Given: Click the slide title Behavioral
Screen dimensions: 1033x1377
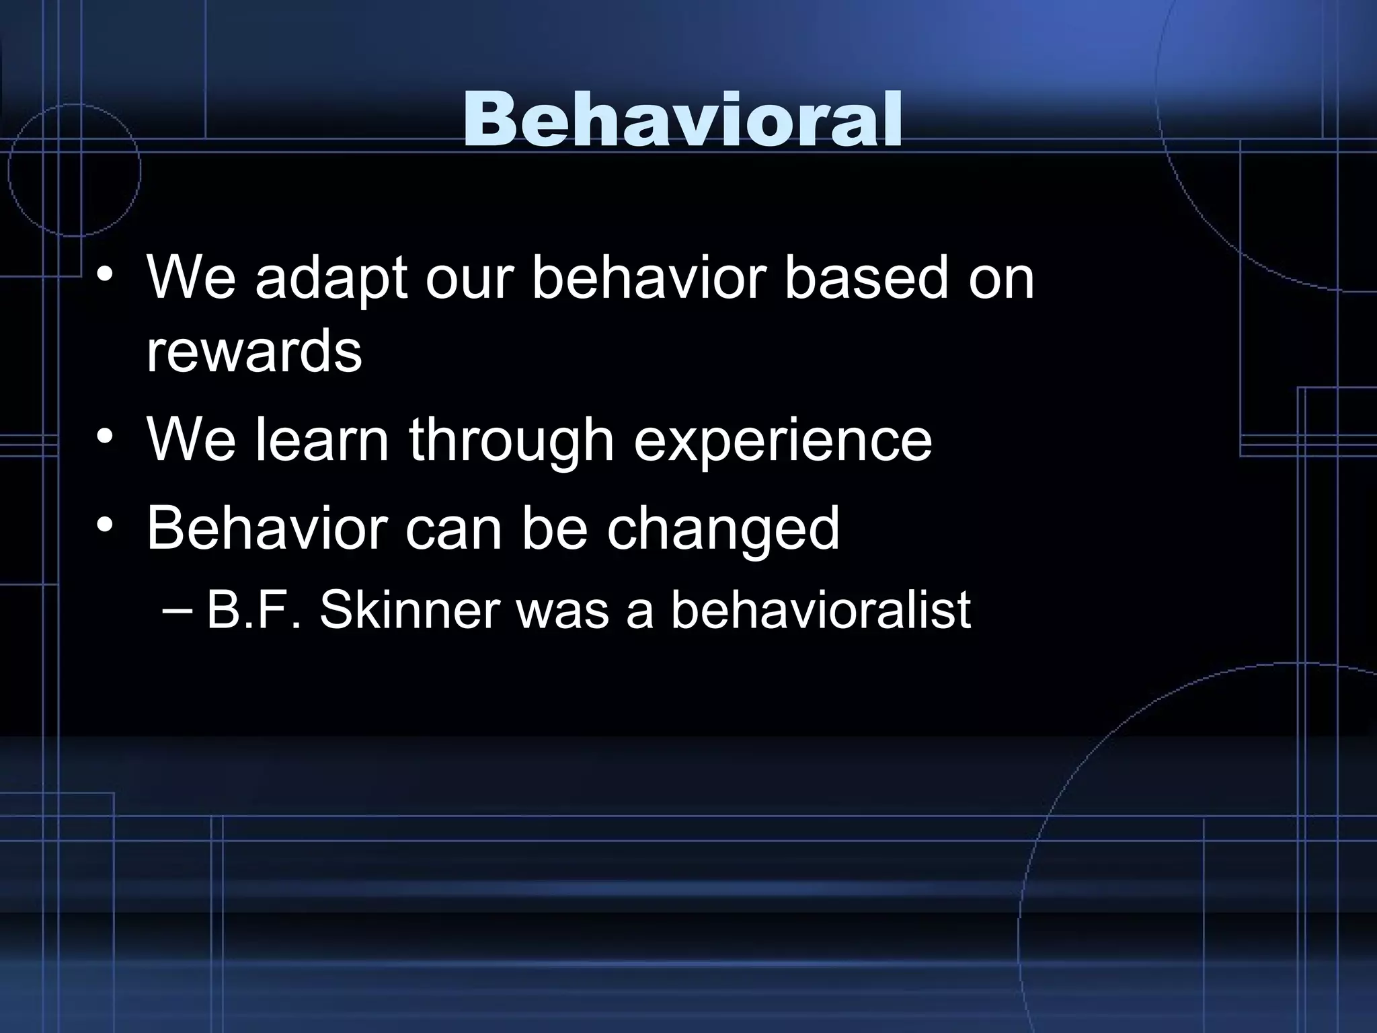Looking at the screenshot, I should tap(682, 120).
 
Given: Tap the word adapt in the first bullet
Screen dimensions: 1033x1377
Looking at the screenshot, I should tap(331, 278).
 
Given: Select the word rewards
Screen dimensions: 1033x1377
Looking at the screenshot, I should tap(254, 351).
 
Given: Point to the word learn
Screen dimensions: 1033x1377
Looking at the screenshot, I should tap(322, 440).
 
